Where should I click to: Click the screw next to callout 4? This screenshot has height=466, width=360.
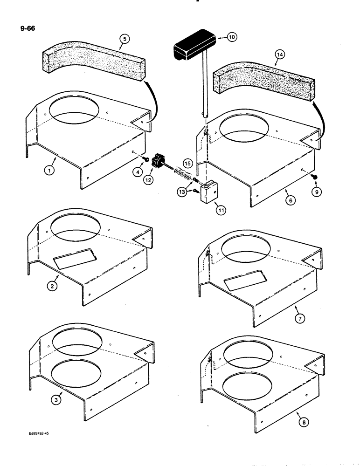click(x=146, y=159)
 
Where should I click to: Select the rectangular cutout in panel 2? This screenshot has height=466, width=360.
click(x=75, y=258)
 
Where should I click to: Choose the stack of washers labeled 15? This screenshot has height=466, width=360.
click(x=183, y=176)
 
